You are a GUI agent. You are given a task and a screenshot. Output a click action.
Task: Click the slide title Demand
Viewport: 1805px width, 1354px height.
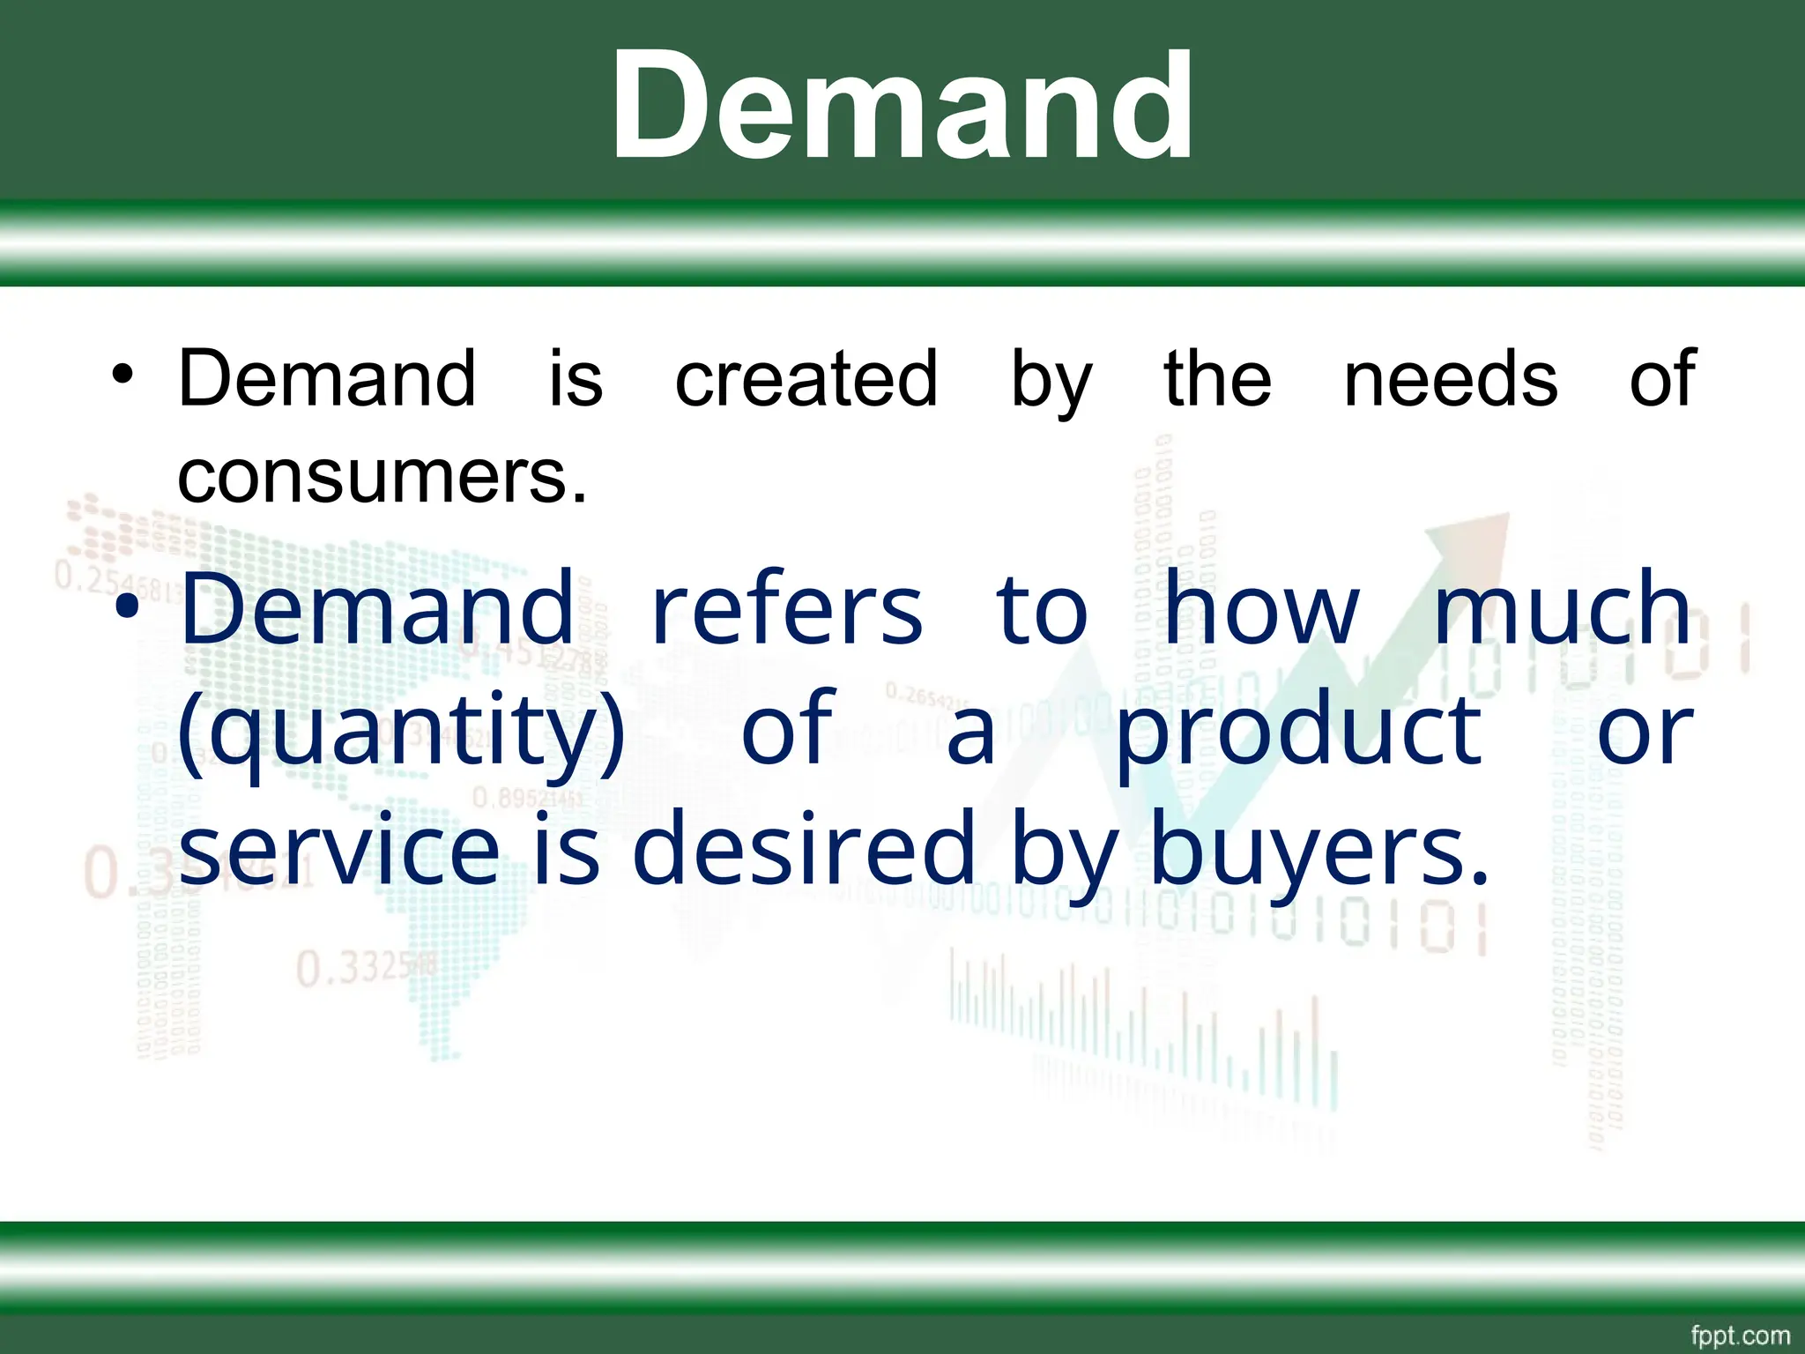coord(902,106)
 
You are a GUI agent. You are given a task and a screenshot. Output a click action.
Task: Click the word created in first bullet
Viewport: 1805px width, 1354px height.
coord(806,379)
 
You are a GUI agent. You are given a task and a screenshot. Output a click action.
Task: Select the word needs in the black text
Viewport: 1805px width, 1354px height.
coord(1451,379)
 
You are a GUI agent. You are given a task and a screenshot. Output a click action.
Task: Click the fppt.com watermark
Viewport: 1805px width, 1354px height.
coord(1740,1335)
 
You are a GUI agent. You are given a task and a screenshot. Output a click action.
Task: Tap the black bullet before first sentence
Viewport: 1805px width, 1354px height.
coord(123,376)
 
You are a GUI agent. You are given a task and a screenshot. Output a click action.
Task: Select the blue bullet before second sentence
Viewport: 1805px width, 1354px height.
coord(126,607)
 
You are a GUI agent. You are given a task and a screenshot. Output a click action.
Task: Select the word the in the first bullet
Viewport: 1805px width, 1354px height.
coord(1218,379)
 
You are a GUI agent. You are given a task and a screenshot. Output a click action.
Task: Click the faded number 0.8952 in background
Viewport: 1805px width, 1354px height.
coord(526,799)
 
